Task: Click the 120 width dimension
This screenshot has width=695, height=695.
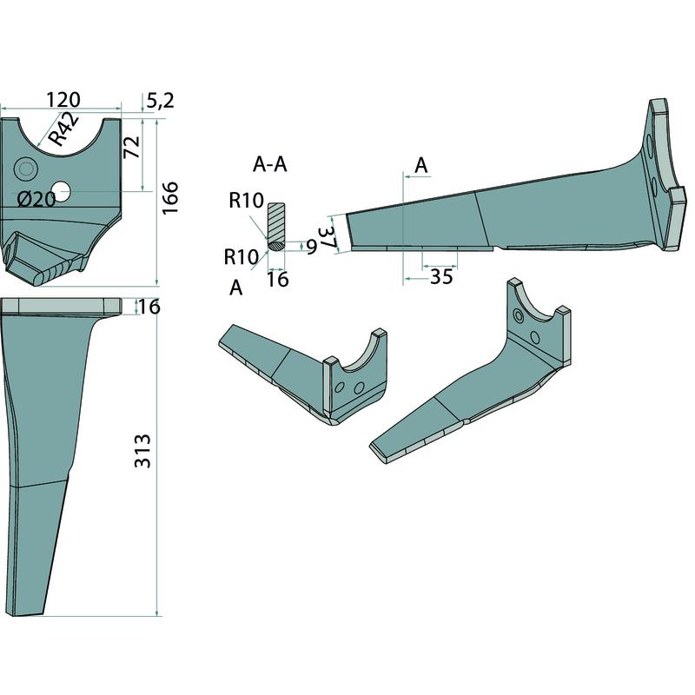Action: [x=63, y=100]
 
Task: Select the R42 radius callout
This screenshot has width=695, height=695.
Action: [x=63, y=129]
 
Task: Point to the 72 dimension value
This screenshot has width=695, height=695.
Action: [x=132, y=147]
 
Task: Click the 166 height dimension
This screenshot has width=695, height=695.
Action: [x=169, y=198]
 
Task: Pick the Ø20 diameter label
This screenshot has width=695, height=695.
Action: [x=36, y=200]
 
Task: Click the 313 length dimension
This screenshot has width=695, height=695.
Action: [x=142, y=451]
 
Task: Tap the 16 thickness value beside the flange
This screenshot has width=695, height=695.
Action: [x=149, y=307]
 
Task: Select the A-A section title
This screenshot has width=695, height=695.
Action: [x=270, y=164]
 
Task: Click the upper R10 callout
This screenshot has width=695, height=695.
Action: [x=247, y=201]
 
